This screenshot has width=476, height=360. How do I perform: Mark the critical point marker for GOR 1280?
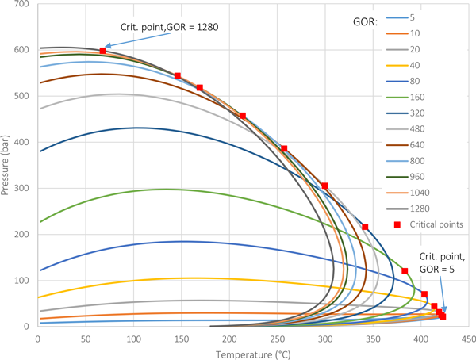[103, 51]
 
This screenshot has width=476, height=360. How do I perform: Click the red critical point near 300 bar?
[324, 186]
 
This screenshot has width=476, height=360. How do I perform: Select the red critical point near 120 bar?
[405, 271]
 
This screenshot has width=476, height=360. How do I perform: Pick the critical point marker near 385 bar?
[284, 149]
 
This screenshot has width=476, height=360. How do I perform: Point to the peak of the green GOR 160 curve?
[164, 189]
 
